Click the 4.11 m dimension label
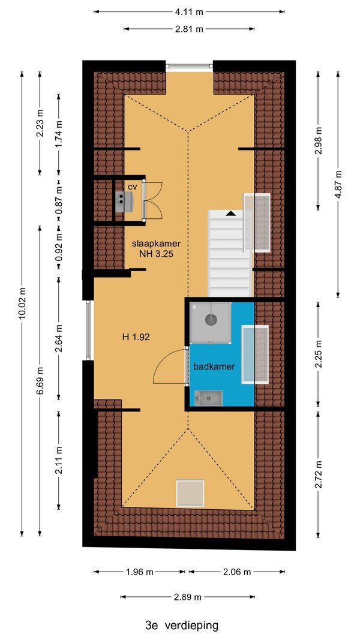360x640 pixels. pos(189,12)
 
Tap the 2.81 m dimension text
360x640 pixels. pos(189,29)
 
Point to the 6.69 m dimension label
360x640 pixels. pos(40,380)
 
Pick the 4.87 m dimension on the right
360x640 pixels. pos(338,184)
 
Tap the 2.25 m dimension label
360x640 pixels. pos(319,354)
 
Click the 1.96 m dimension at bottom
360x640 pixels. pos(139,572)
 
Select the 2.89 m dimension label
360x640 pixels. pos(188,597)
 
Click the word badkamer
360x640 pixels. pos(214,366)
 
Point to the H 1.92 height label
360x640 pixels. pos(136,337)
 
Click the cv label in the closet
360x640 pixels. pos(132,187)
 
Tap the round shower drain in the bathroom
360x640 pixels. pos(211,320)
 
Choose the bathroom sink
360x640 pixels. pos(208,398)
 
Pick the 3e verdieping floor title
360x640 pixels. pos(182,625)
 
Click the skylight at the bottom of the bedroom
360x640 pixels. pos(190,493)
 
